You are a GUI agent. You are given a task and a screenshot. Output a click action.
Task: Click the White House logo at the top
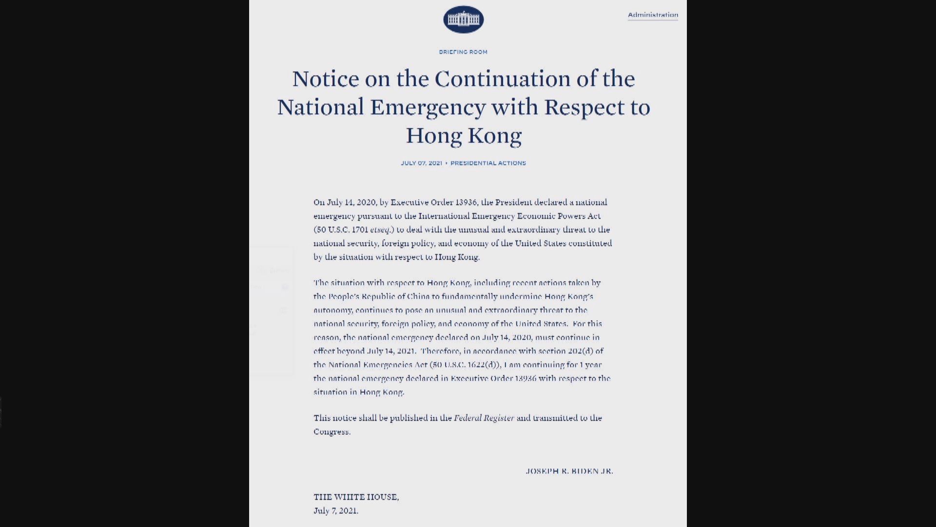463,20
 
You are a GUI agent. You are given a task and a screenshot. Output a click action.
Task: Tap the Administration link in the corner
653,15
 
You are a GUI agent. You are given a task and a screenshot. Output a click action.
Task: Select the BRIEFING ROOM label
463,52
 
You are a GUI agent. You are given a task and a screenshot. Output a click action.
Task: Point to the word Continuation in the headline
502,79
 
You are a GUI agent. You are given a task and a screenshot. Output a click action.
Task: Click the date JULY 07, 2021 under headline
421,163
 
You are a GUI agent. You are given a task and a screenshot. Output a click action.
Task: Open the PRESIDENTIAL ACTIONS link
488,163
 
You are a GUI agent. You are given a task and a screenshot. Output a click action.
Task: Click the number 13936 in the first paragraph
466,203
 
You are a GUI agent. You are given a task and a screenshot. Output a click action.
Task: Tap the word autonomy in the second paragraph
332,310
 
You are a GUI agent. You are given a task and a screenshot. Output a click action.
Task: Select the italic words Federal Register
484,418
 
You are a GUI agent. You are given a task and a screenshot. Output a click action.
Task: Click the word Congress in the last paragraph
331,432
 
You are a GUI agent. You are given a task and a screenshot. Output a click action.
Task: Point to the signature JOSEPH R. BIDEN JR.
569,471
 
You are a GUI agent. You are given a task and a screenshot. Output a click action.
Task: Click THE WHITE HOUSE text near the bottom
356,497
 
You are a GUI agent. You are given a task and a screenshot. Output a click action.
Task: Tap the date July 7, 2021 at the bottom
335,511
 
